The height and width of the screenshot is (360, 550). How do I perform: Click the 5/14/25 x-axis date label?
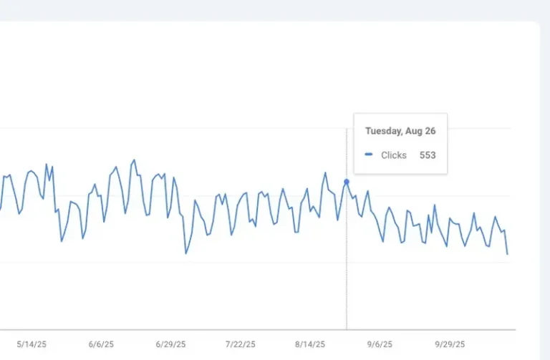pyautogui.click(x=30, y=344)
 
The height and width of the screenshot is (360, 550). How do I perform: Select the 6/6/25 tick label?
pyautogui.click(x=101, y=344)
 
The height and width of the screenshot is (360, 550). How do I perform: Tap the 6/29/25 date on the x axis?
pyautogui.click(x=170, y=344)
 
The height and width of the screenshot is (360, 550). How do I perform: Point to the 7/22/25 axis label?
pyautogui.click(x=241, y=344)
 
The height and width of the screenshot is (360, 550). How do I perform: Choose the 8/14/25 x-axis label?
pyautogui.click(x=309, y=344)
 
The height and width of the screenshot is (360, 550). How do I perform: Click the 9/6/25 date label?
pyautogui.click(x=380, y=344)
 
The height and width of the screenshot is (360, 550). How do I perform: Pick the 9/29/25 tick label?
pyautogui.click(x=449, y=344)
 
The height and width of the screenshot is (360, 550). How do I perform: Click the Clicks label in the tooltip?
pyautogui.click(x=393, y=155)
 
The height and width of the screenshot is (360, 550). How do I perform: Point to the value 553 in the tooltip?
pyautogui.click(x=428, y=155)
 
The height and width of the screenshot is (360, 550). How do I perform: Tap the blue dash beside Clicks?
pyautogui.click(x=369, y=155)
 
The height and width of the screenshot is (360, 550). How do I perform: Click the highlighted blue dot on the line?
pyautogui.click(x=347, y=182)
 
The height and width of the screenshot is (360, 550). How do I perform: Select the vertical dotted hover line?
pyautogui.click(x=347, y=272)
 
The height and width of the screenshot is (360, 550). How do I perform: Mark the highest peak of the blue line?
pyautogui.click(x=134, y=160)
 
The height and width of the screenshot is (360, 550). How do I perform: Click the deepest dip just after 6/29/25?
pyautogui.click(x=186, y=253)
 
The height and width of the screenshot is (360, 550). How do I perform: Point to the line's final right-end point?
pyautogui.click(x=508, y=254)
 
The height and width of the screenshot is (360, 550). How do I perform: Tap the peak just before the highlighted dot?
pyautogui.click(x=325, y=172)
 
